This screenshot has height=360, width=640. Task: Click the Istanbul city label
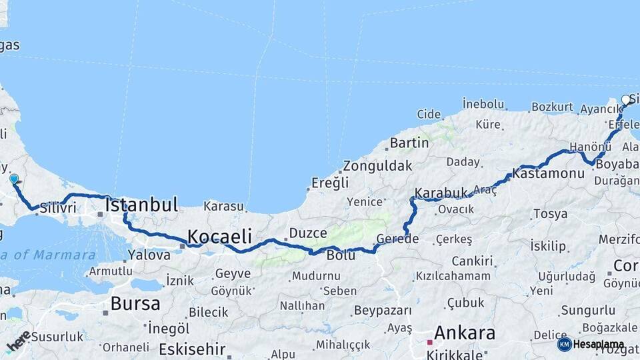[141, 205]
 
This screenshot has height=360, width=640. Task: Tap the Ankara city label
[465, 333]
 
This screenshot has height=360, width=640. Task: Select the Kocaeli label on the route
[219, 236]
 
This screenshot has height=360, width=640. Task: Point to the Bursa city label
[135, 304]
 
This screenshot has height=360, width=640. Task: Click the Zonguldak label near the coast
[378, 166]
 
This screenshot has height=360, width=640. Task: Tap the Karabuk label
[441, 193]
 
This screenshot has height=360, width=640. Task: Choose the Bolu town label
[340, 255]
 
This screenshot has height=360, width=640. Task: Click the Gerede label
[397, 239]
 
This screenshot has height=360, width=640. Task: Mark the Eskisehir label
[193, 349]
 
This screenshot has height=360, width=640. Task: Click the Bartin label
[409, 143]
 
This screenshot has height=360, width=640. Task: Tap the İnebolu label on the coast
[483, 104]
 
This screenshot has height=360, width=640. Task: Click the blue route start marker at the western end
[13, 179]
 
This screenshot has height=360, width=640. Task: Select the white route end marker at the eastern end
[626, 99]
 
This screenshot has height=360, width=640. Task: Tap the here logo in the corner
[19, 341]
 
